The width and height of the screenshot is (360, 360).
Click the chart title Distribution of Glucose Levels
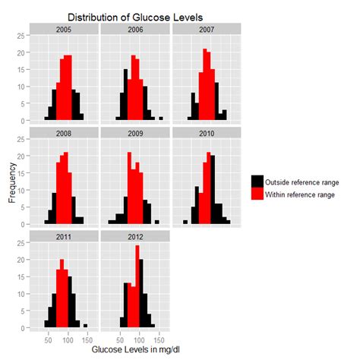[135, 17]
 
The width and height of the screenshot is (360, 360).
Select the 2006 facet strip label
[135, 29]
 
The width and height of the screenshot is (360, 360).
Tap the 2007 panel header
[206, 29]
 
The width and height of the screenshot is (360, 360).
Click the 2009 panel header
[135, 133]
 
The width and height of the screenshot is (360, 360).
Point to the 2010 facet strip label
[206, 133]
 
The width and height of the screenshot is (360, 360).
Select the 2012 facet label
[135, 237]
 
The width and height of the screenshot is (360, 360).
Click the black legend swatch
[258, 182]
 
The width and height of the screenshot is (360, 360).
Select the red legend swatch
[258, 194]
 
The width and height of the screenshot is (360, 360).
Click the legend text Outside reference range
[307, 182]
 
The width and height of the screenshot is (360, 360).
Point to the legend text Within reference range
[305, 194]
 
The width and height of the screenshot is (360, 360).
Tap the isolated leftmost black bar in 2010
[185, 223]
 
